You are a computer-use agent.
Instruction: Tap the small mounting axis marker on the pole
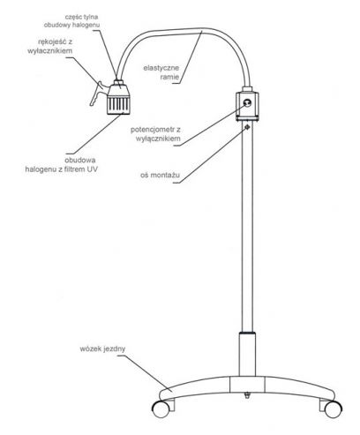247,126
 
